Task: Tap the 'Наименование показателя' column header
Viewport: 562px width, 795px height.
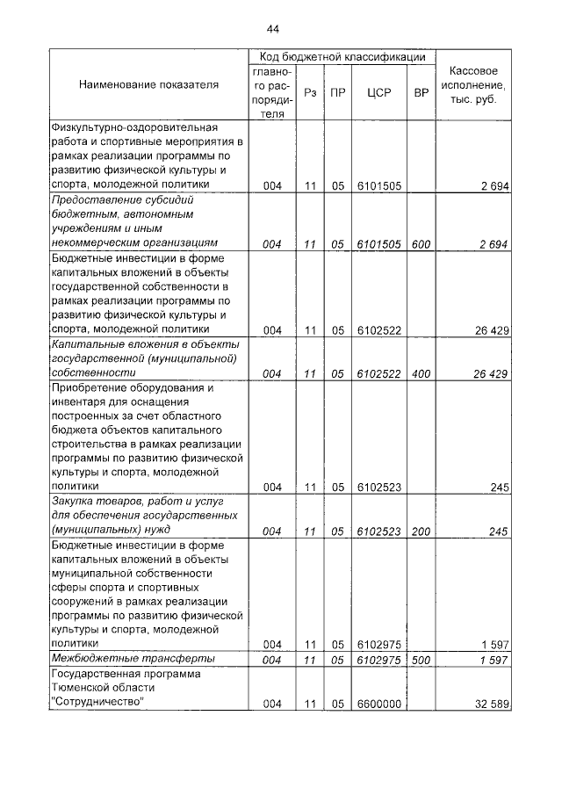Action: tap(148, 85)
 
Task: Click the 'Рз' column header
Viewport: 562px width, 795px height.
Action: tap(309, 92)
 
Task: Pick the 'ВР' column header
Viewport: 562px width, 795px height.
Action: tap(421, 92)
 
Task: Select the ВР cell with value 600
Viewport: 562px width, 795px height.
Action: tap(421, 244)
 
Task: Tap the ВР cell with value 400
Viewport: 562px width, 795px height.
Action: tap(421, 373)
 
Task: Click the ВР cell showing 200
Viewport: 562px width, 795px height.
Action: tap(421, 531)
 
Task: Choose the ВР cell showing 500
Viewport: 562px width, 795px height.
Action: tap(421, 659)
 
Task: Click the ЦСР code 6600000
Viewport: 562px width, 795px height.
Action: tap(378, 704)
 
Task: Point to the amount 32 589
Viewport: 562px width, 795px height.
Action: tap(491, 704)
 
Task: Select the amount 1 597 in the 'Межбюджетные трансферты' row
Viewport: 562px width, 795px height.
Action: tap(494, 659)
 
